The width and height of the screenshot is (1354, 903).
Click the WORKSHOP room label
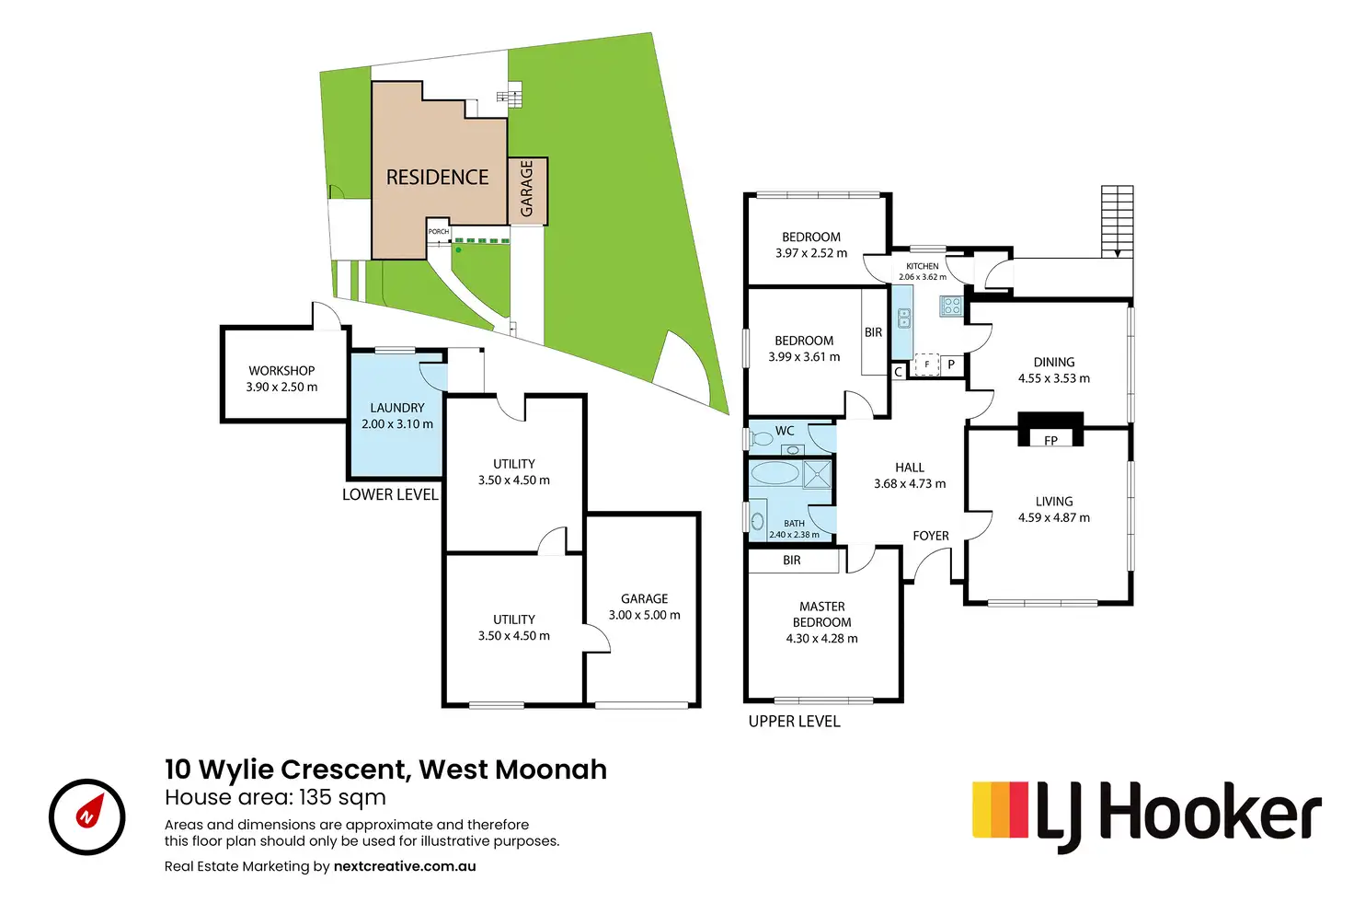[281, 371]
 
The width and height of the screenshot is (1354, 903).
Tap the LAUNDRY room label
[397, 408]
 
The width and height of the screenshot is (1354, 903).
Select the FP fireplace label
[1050, 440]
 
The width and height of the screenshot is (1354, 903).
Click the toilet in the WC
[761, 438]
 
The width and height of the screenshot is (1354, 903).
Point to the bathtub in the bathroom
[775, 473]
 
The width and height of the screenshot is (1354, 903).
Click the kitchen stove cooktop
[950, 306]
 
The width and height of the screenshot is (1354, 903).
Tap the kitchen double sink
[903, 318]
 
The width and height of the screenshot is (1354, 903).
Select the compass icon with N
[87, 816]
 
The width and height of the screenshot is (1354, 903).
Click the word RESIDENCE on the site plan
[437, 178]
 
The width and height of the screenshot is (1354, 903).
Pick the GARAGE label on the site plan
[526, 188]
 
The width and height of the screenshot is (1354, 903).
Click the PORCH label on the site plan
[438, 232]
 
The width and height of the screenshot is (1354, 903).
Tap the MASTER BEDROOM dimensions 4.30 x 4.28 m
[821, 638]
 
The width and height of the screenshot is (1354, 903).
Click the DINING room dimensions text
[1053, 378]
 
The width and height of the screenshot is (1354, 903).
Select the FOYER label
[930, 536]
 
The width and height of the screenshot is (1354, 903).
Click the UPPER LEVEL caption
[794, 721]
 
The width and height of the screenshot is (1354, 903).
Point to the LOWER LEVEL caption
[390, 494]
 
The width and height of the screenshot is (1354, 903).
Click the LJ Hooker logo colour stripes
[1000, 809]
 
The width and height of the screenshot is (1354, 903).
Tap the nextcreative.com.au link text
[405, 866]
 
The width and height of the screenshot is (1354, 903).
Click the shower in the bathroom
[817, 473]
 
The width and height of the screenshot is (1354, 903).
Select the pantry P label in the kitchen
[951, 365]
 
